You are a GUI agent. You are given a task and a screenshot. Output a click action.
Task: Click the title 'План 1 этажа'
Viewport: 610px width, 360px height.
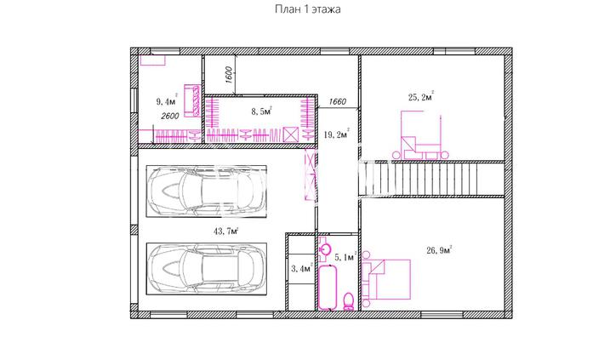click(308, 9)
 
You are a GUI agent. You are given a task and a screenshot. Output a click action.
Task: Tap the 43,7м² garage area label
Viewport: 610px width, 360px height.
click(225, 231)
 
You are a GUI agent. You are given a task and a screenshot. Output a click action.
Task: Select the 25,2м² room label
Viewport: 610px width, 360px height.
click(421, 96)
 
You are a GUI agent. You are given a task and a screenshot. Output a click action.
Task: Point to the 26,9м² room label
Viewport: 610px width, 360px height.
click(439, 250)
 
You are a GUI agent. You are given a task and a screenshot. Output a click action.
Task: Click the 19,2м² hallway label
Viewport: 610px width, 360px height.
click(337, 134)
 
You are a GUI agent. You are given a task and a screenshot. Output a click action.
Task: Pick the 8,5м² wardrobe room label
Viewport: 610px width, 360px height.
click(261, 111)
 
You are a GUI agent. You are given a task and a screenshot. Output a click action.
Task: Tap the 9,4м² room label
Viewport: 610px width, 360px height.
click(167, 101)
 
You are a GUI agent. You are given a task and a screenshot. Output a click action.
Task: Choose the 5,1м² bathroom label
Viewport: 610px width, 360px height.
click(345, 256)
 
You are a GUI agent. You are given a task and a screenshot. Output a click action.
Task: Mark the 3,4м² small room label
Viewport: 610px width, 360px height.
click(302, 268)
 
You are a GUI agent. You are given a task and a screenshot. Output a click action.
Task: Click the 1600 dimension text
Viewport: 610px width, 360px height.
click(229, 75)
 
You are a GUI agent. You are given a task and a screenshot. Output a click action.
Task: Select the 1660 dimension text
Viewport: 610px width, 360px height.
click(337, 101)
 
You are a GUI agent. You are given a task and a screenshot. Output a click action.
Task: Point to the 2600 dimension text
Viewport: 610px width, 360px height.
click(170, 116)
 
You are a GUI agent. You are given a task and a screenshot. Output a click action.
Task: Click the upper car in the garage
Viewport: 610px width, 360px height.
click(206, 191)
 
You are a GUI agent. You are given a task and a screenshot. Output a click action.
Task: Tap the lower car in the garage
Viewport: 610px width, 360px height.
click(206, 269)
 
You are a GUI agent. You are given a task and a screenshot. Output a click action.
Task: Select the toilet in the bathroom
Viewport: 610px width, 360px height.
click(349, 301)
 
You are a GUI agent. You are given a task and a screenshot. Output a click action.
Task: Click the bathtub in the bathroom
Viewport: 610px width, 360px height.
click(328, 287)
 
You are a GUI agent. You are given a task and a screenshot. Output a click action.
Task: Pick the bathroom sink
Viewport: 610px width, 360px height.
click(325, 249)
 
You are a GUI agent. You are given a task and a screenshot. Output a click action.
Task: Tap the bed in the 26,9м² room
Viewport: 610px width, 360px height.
click(386, 279)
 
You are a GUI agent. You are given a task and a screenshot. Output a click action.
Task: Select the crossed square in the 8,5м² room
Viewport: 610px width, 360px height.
click(291, 134)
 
